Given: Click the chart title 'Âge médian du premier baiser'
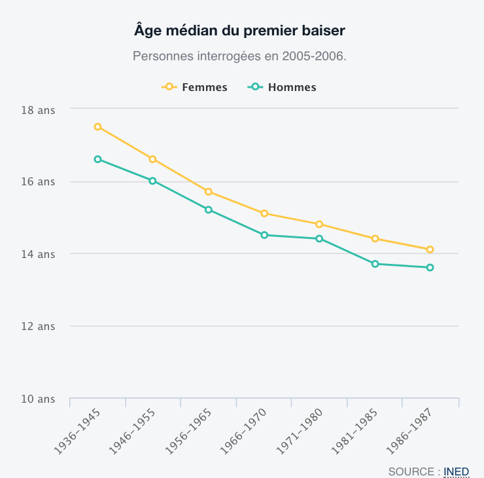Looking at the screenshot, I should [x=239, y=30].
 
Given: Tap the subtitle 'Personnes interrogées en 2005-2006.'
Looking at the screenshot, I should [x=239, y=56].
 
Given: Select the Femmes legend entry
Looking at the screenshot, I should [x=195, y=87].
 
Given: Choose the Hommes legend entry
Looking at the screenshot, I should [x=283, y=87].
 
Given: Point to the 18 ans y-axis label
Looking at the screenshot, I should [x=38, y=110].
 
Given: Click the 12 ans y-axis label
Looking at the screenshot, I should [x=38, y=326].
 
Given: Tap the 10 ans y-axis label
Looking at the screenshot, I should [x=38, y=399].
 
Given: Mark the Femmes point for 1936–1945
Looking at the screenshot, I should [x=97, y=127].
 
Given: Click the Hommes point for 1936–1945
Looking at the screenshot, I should [x=97, y=159].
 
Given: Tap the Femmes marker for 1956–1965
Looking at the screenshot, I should [x=209, y=192].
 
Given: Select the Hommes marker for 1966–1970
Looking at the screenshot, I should [x=264, y=235].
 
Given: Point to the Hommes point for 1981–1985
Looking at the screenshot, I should [x=375, y=264].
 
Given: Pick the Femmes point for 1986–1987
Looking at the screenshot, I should [x=430, y=249].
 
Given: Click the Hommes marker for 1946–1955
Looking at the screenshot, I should [x=153, y=181].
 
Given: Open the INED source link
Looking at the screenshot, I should [x=456, y=471].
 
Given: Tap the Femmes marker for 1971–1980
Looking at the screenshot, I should [x=319, y=224].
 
